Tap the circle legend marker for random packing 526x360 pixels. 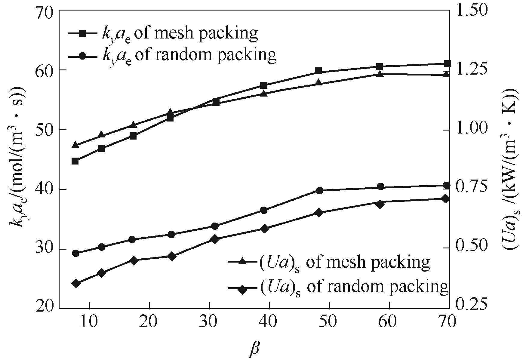[83, 57]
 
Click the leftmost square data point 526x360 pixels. [75, 161]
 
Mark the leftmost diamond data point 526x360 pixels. [76, 283]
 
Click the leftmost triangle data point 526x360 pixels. [75, 145]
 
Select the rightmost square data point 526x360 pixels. [447, 64]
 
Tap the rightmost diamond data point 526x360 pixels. [446, 198]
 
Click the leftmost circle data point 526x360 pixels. [76, 253]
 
